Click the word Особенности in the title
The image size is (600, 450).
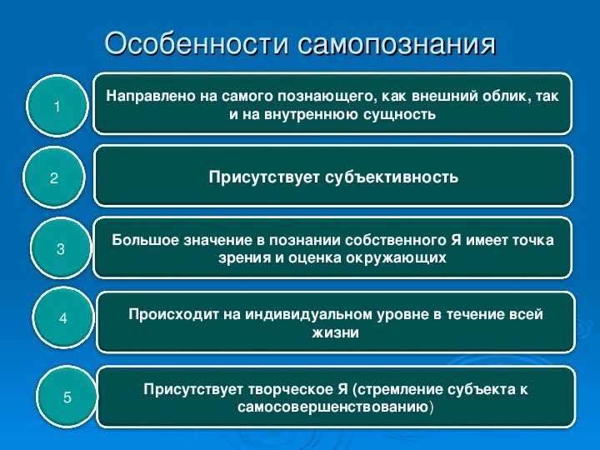(x=197, y=42)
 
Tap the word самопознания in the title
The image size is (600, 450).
(x=397, y=42)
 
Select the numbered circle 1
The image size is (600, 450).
(x=57, y=106)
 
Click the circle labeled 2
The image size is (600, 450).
(x=54, y=177)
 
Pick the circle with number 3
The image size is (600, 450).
(x=61, y=248)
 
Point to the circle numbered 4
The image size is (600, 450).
(x=63, y=317)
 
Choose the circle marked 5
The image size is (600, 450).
(x=67, y=397)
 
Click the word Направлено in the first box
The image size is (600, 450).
(x=151, y=96)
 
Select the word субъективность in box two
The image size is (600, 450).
(x=392, y=177)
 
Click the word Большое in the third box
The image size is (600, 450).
(x=144, y=240)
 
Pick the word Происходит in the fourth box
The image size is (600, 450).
(x=173, y=314)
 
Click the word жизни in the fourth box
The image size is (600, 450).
(x=336, y=332)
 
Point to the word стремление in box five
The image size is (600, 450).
(x=399, y=389)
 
